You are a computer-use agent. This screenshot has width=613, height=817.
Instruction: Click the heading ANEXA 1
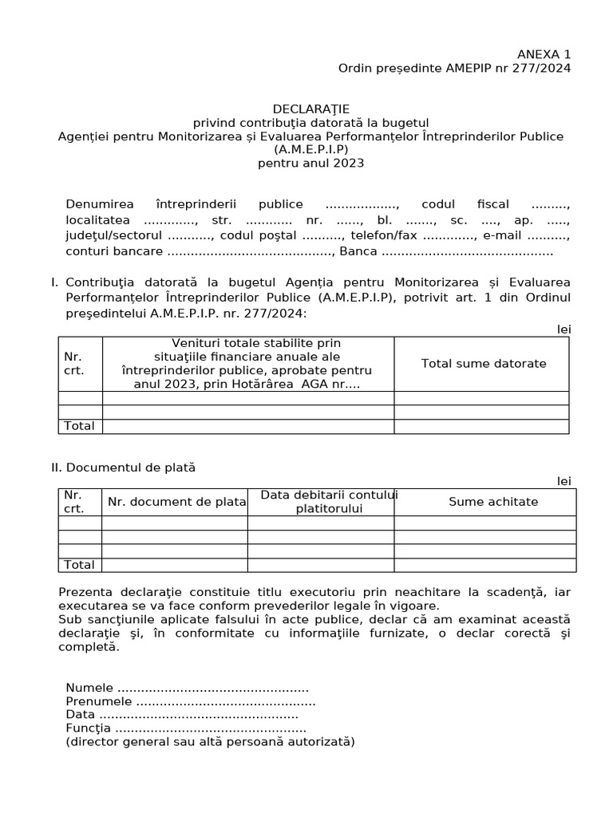click(544, 54)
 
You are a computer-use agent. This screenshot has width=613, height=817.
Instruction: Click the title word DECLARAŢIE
click(311, 109)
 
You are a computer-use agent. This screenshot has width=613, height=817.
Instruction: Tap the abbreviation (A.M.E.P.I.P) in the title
click(310, 149)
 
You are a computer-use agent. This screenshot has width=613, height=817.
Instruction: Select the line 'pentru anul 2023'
click(310, 163)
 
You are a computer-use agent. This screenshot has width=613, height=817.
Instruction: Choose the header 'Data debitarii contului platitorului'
click(329, 502)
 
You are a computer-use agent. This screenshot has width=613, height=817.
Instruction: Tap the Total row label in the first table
click(79, 426)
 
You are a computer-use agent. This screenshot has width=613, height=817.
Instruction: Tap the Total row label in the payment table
click(79, 565)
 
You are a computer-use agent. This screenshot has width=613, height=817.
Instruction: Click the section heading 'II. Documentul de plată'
click(123, 468)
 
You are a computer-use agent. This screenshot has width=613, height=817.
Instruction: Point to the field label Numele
click(90, 688)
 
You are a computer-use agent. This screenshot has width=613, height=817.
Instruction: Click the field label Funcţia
click(89, 728)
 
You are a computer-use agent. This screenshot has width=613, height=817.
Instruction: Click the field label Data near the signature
click(81, 715)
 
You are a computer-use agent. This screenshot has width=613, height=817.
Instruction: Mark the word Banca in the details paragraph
click(358, 251)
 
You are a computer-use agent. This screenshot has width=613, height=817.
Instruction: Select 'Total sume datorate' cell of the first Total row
click(481, 426)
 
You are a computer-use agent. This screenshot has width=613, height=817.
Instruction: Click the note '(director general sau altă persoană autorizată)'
click(210, 742)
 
